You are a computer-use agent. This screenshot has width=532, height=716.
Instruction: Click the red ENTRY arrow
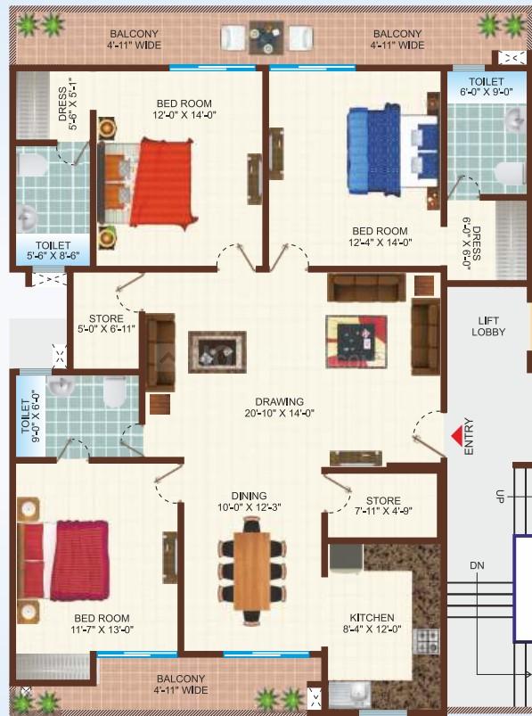[x=457, y=437]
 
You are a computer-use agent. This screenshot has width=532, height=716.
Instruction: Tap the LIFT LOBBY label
[x=488, y=326]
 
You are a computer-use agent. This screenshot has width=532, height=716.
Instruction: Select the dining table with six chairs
[x=251, y=571]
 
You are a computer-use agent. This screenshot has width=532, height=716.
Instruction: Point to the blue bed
[x=392, y=150]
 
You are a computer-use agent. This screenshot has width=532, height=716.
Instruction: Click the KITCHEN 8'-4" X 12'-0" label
[x=372, y=623]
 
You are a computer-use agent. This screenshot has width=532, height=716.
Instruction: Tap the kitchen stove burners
[x=426, y=641]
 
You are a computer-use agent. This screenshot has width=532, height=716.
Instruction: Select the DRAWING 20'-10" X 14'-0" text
[x=279, y=407]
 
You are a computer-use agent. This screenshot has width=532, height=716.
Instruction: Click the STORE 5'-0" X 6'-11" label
[x=106, y=324]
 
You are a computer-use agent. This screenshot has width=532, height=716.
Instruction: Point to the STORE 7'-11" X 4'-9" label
[x=383, y=506]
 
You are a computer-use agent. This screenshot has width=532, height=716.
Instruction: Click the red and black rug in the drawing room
[x=356, y=342]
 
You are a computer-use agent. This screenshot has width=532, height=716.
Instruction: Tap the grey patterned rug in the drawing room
[x=217, y=351]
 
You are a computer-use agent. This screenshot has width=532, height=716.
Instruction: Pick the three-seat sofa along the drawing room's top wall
[x=366, y=287]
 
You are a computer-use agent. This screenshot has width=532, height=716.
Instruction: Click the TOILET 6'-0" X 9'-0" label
[x=486, y=86]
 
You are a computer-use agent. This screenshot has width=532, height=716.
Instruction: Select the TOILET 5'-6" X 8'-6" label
[x=53, y=251]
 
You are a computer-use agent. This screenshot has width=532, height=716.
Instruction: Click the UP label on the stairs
[x=500, y=496]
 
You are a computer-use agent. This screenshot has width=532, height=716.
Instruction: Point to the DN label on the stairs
[x=477, y=566]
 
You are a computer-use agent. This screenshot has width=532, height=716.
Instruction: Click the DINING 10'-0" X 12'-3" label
[x=250, y=501]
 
